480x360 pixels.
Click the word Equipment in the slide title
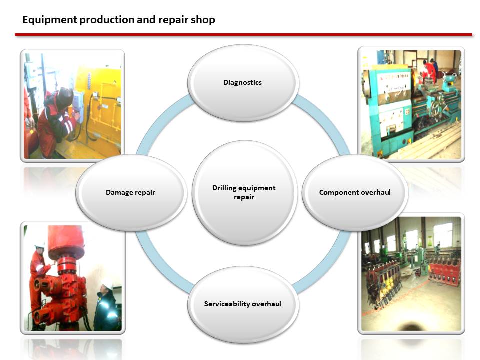[50, 20]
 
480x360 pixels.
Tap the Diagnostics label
[243, 82]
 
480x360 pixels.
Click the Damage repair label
[130, 192]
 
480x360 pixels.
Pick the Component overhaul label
[355, 192]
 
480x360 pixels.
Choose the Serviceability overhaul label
[243, 304]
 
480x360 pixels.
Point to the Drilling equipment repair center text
[244, 192]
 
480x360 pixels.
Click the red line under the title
[243, 35]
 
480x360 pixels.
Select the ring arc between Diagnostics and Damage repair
[161, 122]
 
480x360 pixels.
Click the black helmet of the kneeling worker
[64, 97]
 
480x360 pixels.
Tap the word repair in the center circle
[244, 197]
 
